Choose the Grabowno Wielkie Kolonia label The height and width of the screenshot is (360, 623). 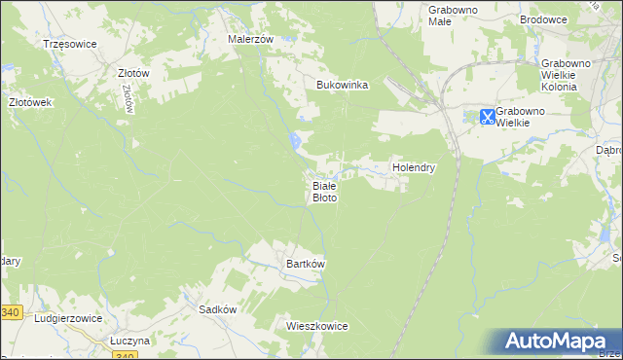pyautogui.click(x=572, y=75)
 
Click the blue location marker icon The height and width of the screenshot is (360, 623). pyautogui.click(x=487, y=117)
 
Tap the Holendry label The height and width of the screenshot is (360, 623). pyautogui.click(x=414, y=167)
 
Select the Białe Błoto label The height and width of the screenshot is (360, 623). pyautogui.click(x=324, y=191)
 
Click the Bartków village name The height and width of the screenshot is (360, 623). pyautogui.click(x=305, y=264)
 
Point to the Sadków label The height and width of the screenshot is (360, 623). pyautogui.click(x=218, y=308)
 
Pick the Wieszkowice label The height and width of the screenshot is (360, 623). pyautogui.click(x=317, y=326)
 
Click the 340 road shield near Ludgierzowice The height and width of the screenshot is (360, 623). pyautogui.click(x=10, y=312)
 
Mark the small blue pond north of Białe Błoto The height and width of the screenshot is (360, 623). pyautogui.click(x=294, y=143)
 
